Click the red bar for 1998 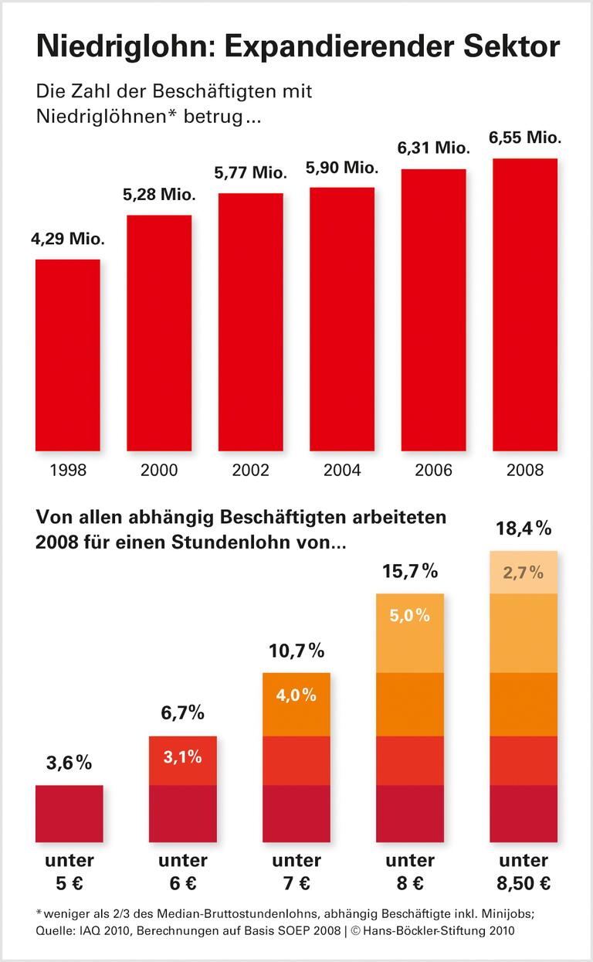pyautogui.click(x=68, y=355)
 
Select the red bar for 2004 pyautogui.click(x=342, y=318)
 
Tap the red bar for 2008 pyautogui.click(x=525, y=304)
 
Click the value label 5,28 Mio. pyautogui.click(x=159, y=196)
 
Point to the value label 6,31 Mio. pyautogui.click(x=433, y=149)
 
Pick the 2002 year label pyautogui.click(x=251, y=470)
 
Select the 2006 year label pyautogui.click(x=433, y=470)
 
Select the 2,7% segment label pyautogui.click(x=524, y=573)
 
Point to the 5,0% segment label pyautogui.click(x=410, y=616)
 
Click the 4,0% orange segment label pyautogui.click(x=296, y=695)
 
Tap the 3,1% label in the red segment pyautogui.click(x=183, y=757)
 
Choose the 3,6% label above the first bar pyautogui.click(x=69, y=763)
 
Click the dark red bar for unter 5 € pyautogui.click(x=69, y=813)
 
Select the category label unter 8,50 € pyautogui.click(x=524, y=872)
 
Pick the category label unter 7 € pyautogui.click(x=296, y=872)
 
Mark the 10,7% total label pyautogui.click(x=296, y=651)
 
